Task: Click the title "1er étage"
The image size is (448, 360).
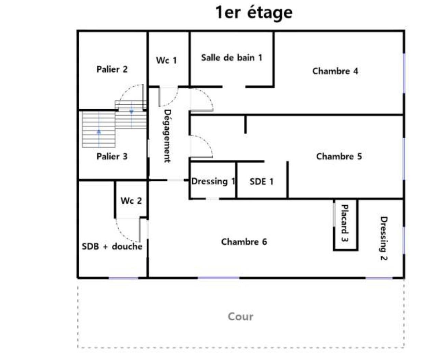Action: pos(254,12)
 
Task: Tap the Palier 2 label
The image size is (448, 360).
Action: pos(112,69)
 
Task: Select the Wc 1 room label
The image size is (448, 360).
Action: pos(166,61)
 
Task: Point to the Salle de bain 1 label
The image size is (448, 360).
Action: pos(232,57)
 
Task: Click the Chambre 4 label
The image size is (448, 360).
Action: pos(335,71)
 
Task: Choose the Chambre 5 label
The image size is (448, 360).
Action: pos(339,156)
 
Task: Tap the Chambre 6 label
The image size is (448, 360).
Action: pos(244,242)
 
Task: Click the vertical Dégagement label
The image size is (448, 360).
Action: pos(167,136)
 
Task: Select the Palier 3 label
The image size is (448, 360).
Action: pos(112,157)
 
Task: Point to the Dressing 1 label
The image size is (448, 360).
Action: pos(213,181)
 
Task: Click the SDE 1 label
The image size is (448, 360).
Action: pos(261,181)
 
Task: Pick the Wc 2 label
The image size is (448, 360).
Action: pos(131,201)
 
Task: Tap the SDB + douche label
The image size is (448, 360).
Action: pos(112,246)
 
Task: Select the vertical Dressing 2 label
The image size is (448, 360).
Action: pos(384,239)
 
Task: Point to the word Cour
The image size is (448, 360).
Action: pos(240,317)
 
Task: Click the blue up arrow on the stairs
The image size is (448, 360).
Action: pos(99,131)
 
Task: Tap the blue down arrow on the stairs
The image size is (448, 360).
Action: pos(131,112)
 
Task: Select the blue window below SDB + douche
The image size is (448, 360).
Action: pos(123,278)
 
